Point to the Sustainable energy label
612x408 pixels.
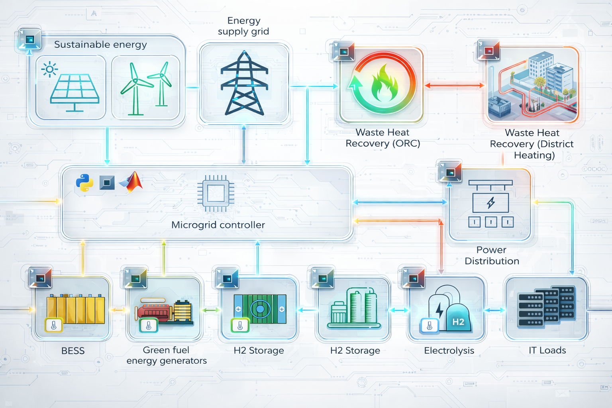tap(100, 45)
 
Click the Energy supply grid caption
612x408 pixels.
tap(243, 26)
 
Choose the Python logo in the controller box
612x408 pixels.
tap(84, 183)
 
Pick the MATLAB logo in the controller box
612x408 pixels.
tap(132, 182)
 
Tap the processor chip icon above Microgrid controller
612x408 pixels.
tap(216, 193)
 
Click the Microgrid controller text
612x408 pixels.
tap(218, 225)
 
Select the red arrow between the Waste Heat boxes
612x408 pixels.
tap(454, 85)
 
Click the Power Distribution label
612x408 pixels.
tap(492, 255)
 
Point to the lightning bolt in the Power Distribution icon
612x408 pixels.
tap(491, 202)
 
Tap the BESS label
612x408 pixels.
tap(73, 351)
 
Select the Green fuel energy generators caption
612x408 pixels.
tap(167, 355)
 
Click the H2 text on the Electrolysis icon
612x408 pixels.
tap(458, 322)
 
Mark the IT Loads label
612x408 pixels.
tap(547, 350)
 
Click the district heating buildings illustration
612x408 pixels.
tap(533, 84)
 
